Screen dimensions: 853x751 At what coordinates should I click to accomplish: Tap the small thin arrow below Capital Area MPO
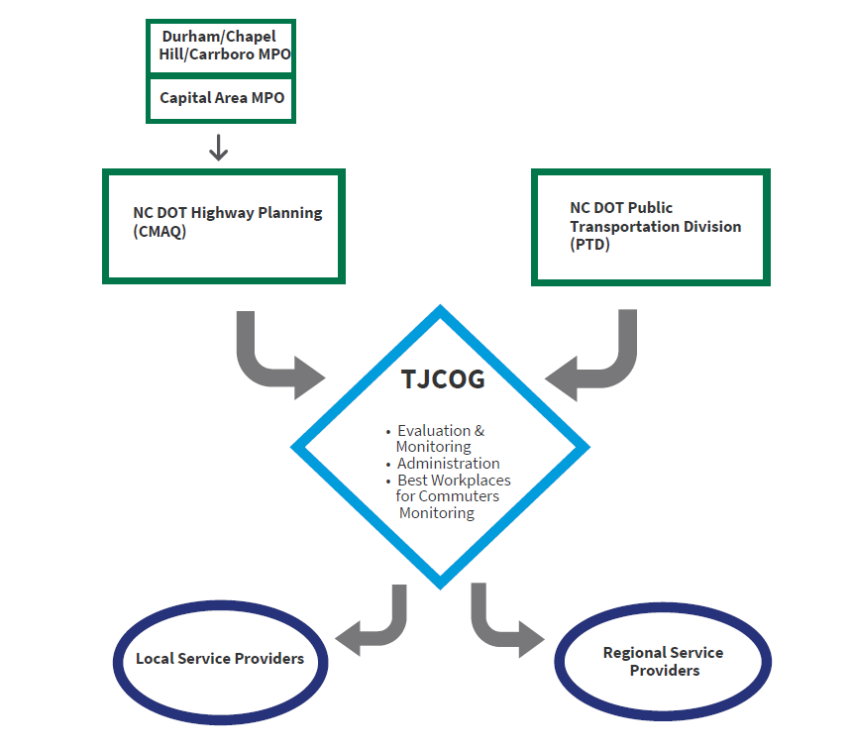point(219,148)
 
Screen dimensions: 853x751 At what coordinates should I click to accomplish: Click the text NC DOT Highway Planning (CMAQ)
point(228,222)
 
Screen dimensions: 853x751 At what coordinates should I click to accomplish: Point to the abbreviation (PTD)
point(589,245)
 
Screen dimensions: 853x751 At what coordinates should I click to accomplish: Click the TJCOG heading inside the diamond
point(443,379)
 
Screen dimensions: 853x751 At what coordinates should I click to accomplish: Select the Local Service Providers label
point(220,659)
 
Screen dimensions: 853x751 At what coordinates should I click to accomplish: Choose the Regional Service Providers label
point(664,661)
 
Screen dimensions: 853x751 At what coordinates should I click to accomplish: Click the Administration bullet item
point(448,464)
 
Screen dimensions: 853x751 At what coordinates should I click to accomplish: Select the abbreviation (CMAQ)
point(160,231)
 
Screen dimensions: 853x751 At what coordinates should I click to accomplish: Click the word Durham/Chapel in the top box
point(219,37)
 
